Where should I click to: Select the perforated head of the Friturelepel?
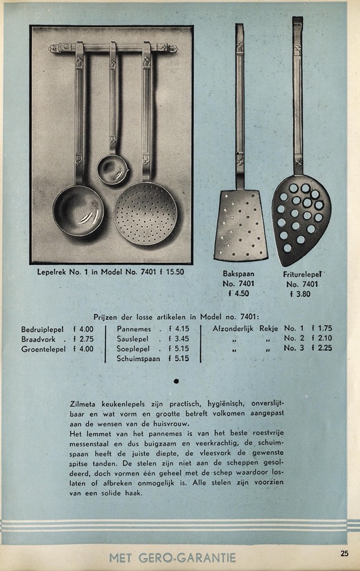[300, 217]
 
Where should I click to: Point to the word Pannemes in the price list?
[134, 329]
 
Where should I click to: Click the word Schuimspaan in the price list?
[138, 358]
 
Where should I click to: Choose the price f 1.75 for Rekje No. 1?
[321, 329]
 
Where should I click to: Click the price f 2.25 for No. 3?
[321, 348]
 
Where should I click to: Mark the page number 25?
[344, 553]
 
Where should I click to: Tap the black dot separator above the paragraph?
[176, 381]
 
